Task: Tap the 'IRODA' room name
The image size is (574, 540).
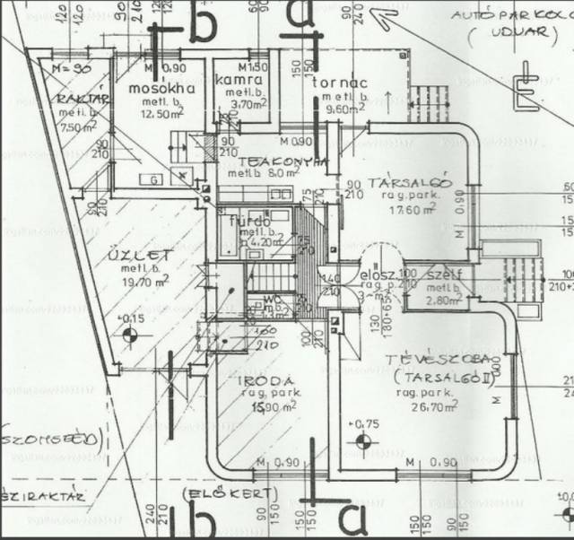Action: [x=266, y=380]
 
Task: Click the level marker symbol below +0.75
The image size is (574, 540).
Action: [x=362, y=440]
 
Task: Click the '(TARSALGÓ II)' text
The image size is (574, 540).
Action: [x=432, y=378]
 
